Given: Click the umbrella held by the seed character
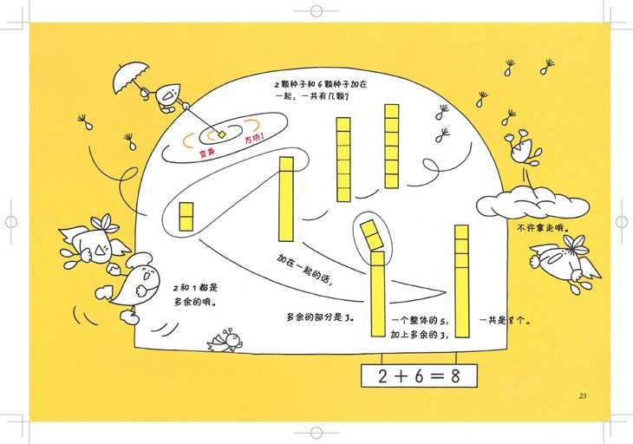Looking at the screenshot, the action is (x=130, y=76).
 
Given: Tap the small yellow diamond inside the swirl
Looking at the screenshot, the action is (x=222, y=134).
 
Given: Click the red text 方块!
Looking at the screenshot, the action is (x=254, y=139).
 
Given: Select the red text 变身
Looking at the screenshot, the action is (x=207, y=153).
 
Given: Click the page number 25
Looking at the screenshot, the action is (x=583, y=396).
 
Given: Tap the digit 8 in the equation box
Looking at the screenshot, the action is (x=455, y=376).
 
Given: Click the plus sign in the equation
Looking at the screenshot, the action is (x=401, y=376).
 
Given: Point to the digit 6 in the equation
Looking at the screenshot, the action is (x=419, y=376).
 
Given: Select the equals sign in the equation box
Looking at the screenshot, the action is (x=437, y=376).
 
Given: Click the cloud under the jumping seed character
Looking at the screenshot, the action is (x=532, y=204).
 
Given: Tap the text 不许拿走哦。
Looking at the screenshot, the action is (x=544, y=228).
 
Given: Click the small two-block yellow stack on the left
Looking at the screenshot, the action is (x=186, y=217).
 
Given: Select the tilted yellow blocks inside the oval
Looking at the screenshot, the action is (x=371, y=235).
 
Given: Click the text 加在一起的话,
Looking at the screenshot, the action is (x=304, y=270).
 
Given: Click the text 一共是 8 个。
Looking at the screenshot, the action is (x=505, y=321).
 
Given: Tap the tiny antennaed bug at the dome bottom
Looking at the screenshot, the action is (x=225, y=340).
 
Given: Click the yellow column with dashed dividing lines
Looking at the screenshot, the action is (x=343, y=160).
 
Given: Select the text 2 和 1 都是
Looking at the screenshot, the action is (x=196, y=288).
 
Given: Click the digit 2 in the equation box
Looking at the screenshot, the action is (x=382, y=376).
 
